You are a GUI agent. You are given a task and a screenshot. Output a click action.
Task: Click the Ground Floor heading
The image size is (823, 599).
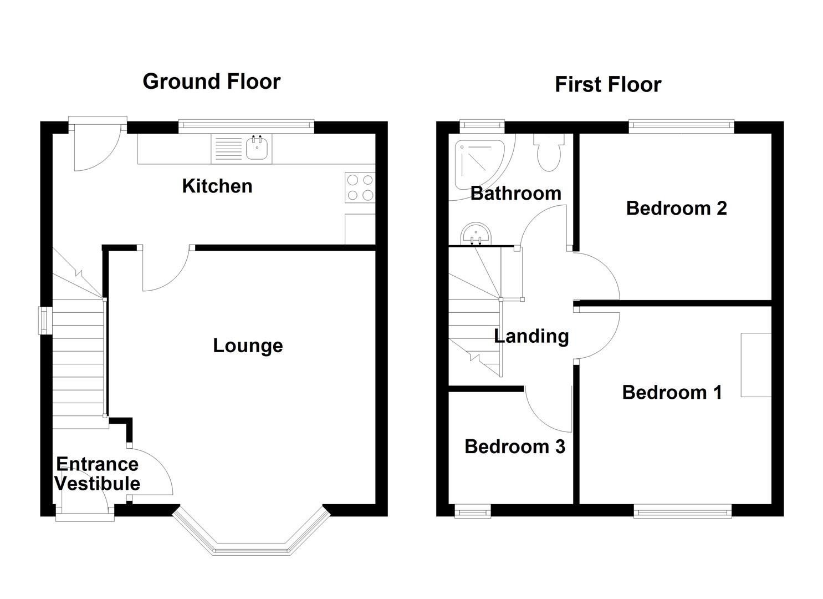[x=211, y=82]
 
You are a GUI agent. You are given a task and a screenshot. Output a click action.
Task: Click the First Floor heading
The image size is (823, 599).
[x=607, y=85]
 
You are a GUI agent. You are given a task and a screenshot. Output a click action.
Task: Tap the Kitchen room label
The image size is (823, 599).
[x=217, y=186]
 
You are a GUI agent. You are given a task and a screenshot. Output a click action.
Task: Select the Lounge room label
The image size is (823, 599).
[x=248, y=346]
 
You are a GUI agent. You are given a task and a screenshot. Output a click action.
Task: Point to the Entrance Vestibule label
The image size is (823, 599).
[x=97, y=474]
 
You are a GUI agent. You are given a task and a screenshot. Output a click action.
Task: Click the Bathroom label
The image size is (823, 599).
[x=515, y=193]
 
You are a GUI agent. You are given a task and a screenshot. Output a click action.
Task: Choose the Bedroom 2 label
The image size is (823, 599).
[x=676, y=208]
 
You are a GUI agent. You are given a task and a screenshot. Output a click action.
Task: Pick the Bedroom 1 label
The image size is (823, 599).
[x=672, y=392]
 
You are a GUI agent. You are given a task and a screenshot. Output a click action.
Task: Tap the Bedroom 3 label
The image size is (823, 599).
[x=514, y=446]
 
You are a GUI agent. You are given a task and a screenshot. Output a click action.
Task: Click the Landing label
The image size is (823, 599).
[x=531, y=336]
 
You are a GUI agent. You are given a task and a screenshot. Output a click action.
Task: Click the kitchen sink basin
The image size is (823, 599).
[x=258, y=148]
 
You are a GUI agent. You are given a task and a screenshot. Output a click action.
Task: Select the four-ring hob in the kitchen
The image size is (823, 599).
[x=360, y=187]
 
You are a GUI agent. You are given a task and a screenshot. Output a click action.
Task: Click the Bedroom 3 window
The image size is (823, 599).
[x=472, y=511]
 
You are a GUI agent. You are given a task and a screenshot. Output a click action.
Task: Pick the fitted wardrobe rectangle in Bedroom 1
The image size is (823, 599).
[x=756, y=364]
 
